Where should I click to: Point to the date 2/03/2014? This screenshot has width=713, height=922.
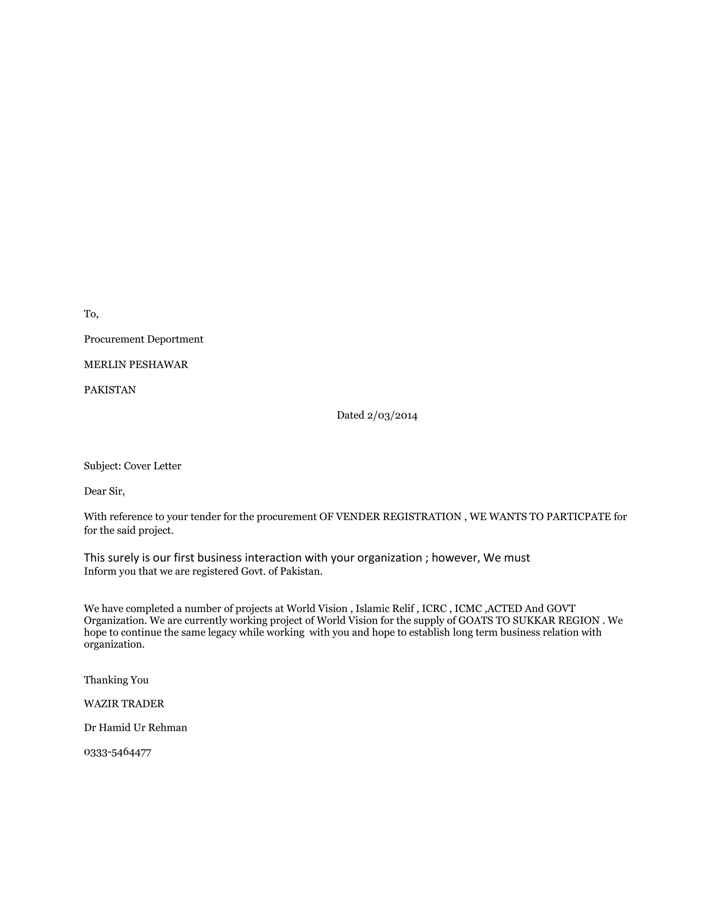pos(392,415)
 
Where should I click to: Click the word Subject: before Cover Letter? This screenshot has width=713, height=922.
pos(103,466)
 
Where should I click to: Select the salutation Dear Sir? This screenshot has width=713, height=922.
pos(104,491)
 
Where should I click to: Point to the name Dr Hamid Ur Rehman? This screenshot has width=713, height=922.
pos(135,728)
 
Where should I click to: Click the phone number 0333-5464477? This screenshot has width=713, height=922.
pos(117,752)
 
